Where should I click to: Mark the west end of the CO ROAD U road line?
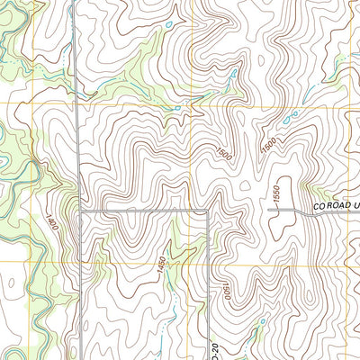271,210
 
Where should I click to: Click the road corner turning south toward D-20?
209,212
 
